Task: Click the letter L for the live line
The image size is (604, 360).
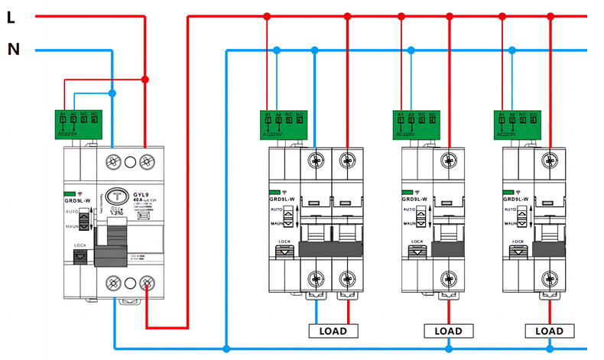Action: click(x=11, y=18)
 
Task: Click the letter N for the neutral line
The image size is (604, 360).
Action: click(x=13, y=50)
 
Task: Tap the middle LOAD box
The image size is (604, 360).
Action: click(x=448, y=331)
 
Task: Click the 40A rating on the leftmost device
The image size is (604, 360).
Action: click(x=141, y=201)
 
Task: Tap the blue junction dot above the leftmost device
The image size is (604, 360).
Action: click(x=112, y=93)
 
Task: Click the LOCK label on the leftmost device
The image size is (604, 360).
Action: click(x=80, y=245)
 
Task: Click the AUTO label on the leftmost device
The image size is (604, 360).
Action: click(x=73, y=212)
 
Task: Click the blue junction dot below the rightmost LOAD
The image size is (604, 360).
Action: click(x=549, y=349)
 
